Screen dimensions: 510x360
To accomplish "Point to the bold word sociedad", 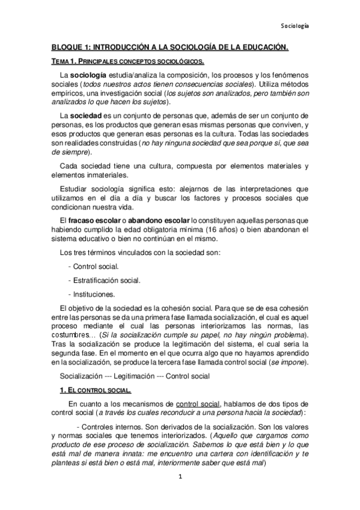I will [86, 115].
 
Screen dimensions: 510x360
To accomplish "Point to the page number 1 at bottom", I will [179, 494].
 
